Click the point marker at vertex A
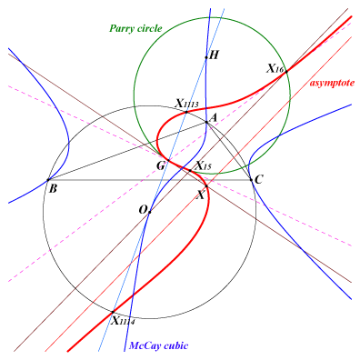pyautogui.click(x=206, y=122)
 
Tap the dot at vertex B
pyautogui.click(x=48, y=180)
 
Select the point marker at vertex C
pyautogui.click(x=251, y=180)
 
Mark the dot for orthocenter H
pyautogui.click(x=206, y=57)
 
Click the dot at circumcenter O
pyautogui.click(x=149, y=212)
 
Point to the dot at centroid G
pyautogui.click(x=168, y=160)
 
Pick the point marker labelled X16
pyautogui.click(x=286, y=72)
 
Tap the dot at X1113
pyautogui.click(x=186, y=112)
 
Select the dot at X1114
pyautogui.click(x=113, y=312)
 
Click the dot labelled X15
pyautogui.click(x=190, y=171)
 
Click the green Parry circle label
pyautogui.click(x=135, y=29)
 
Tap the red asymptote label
pyautogui.click(x=332, y=83)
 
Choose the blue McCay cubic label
pyautogui.click(x=159, y=345)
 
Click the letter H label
pyautogui.click(x=214, y=55)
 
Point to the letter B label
pyautogui.click(x=53, y=189)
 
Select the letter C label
pyautogui.click(x=258, y=180)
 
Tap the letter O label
pyautogui.click(x=143, y=210)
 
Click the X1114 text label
pyautogui.click(x=123, y=321)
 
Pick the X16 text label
pyautogui.click(x=275, y=69)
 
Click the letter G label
pyautogui.click(x=161, y=165)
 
